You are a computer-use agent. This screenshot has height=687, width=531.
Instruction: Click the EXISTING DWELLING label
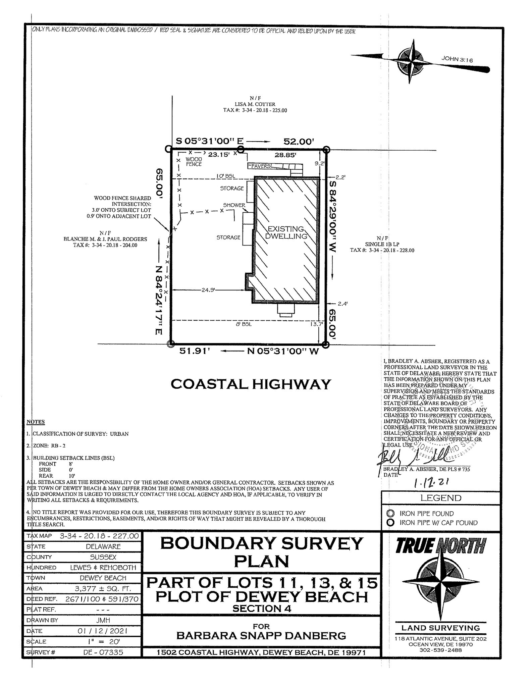286,232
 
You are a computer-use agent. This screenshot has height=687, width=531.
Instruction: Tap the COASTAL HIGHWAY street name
251,384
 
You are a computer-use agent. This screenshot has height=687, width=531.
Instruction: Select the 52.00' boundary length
299,142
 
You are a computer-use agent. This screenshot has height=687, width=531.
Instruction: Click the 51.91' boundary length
194,352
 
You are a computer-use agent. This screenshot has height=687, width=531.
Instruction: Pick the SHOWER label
234,205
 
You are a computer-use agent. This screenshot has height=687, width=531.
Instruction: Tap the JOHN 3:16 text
457,59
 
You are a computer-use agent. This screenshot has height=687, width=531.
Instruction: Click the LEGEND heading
441,498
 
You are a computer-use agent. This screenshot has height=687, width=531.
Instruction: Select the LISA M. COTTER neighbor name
255,104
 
